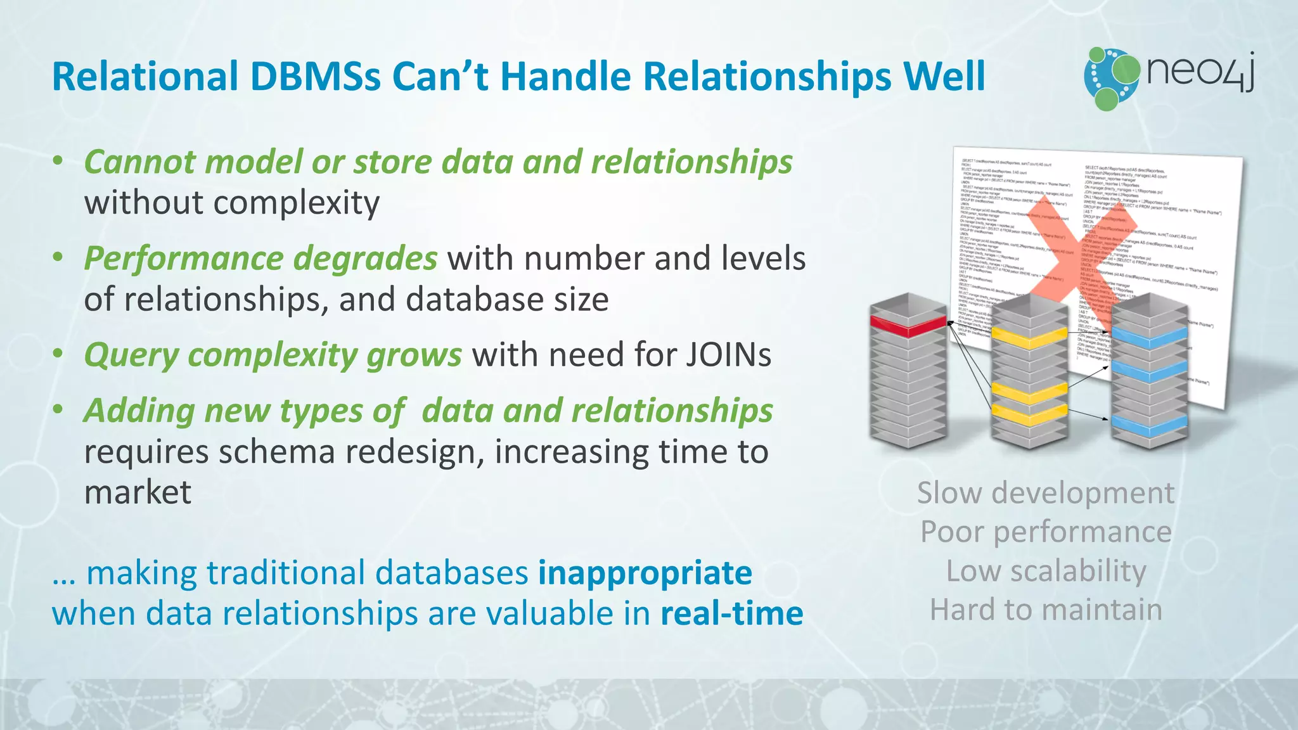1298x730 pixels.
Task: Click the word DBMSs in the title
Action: [316, 77]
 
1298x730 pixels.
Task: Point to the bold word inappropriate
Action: [645, 573]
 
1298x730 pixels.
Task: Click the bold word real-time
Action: [731, 613]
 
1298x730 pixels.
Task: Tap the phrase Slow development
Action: [1045, 493]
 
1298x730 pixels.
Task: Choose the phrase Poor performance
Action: [1045, 532]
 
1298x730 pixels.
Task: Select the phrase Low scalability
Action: [1046, 571]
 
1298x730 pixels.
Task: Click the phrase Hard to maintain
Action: [1046, 610]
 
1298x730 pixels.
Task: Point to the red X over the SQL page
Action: [1071, 260]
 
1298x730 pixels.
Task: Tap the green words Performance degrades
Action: [260, 259]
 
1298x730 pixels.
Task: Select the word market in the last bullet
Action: [138, 492]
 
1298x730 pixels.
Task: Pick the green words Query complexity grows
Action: [273, 355]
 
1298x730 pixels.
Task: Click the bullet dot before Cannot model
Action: [58, 162]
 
